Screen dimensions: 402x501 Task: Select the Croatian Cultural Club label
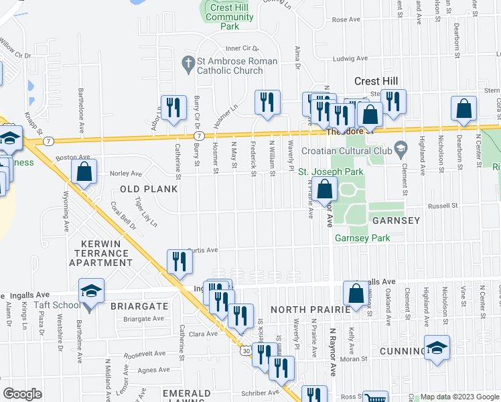(354, 151)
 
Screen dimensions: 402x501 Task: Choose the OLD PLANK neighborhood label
(149, 189)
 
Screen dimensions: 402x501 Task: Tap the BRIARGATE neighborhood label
(141, 306)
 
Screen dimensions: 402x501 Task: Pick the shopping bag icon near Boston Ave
(84, 172)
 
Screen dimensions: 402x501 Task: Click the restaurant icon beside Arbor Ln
(173, 107)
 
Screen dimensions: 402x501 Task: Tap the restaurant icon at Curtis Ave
(179, 260)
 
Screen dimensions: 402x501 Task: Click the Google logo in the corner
(22, 394)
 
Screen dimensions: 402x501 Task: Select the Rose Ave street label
(346, 20)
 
